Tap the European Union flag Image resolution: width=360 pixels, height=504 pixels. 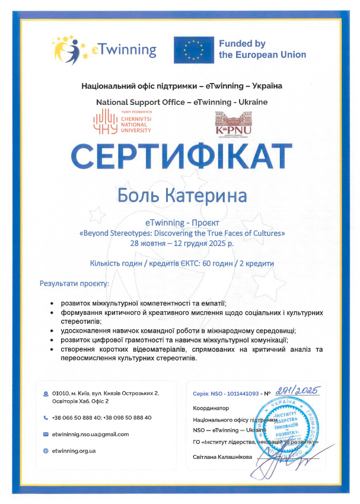pyautogui.click(x=194, y=49)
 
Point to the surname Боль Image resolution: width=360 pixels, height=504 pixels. pyautogui.click(x=139, y=195)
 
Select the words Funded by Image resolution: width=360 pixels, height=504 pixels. pyautogui.click(x=242, y=44)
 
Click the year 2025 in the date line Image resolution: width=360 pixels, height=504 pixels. pyautogui.click(x=211, y=243)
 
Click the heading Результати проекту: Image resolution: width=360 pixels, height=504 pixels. pyautogui.click(x=79, y=284)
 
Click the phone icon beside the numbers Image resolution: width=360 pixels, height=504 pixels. pyautogui.click(x=46, y=417)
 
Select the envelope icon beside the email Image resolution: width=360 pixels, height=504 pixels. pyautogui.click(x=46, y=435)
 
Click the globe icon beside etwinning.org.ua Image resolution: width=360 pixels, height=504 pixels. pyautogui.click(x=46, y=451)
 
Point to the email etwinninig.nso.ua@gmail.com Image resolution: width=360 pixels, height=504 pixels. pyautogui.click(x=90, y=435)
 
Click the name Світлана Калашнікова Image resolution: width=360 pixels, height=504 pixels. pyautogui.click(x=223, y=457)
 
